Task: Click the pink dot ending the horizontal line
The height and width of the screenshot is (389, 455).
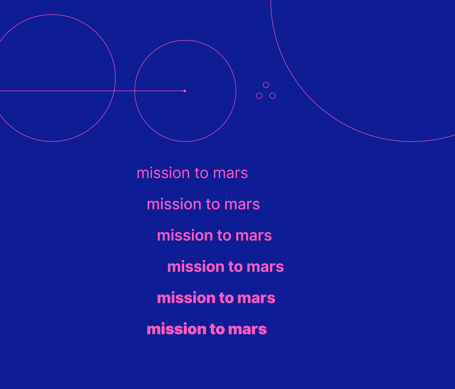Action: coord(185,91)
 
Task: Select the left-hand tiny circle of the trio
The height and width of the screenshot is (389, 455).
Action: coord(259,96)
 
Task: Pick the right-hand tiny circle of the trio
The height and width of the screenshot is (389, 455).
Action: coord(273,96)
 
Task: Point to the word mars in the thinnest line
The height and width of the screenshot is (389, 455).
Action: coord(231,174)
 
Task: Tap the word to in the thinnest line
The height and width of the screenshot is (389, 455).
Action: coord(202,173)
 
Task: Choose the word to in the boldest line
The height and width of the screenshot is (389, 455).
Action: coord(217,329)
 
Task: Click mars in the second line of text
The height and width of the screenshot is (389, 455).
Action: coord(242,205)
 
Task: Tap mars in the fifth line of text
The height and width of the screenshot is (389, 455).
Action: coord(256,298)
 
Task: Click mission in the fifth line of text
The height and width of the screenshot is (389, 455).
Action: coord(186,298)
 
